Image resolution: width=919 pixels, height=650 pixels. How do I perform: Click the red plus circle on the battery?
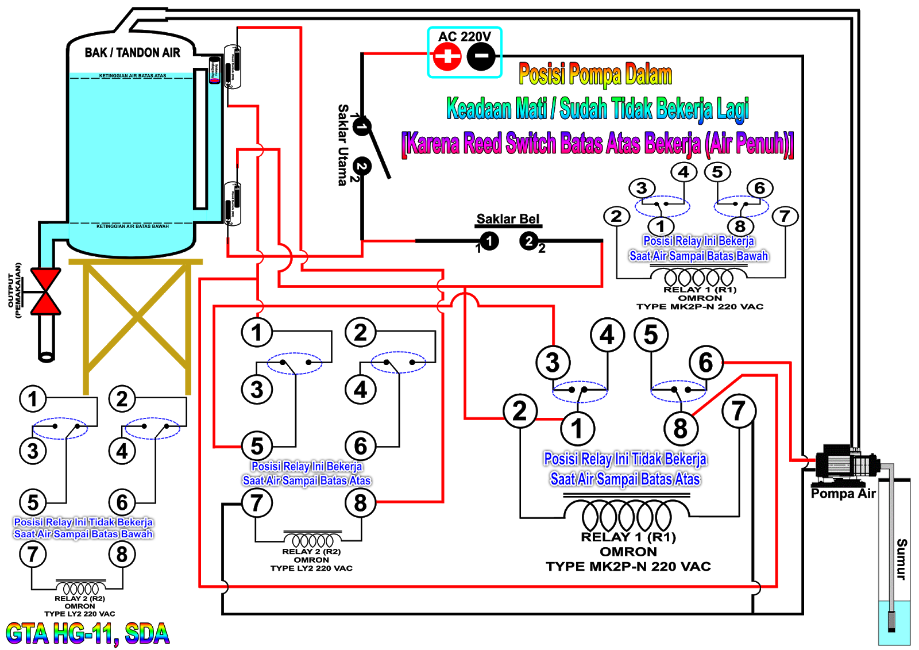[x=447, y=56]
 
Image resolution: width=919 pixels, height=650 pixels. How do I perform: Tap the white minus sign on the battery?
[x=481, y=56]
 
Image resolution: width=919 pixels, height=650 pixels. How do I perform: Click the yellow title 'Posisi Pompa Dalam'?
[x=595, y=75]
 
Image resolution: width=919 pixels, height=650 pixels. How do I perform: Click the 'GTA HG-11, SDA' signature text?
[x=87, y=634]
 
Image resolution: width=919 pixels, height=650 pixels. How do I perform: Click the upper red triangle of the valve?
[x=46, y=279]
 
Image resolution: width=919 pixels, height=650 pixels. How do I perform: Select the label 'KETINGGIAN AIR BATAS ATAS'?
[x=132, y=76]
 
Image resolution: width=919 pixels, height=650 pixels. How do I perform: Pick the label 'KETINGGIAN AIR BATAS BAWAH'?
[x=132, y=226]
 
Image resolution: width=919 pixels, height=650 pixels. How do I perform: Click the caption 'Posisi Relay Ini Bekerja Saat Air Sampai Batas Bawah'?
[x=698, y=248]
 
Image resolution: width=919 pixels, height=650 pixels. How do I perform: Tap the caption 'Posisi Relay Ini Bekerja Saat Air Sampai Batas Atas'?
[x=306, y=474]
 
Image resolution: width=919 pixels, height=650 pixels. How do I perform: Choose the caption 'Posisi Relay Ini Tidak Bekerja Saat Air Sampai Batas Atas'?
[x=625, y=469]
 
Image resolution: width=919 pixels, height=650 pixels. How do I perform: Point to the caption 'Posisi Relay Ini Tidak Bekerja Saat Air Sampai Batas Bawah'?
[x=83, y=528]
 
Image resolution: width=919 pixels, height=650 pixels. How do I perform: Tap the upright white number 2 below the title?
[x=529, y=241]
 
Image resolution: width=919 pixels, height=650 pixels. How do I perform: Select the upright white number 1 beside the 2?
[x=489, y=241]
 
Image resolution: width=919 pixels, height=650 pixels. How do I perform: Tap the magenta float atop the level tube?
[x=214, y=79]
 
